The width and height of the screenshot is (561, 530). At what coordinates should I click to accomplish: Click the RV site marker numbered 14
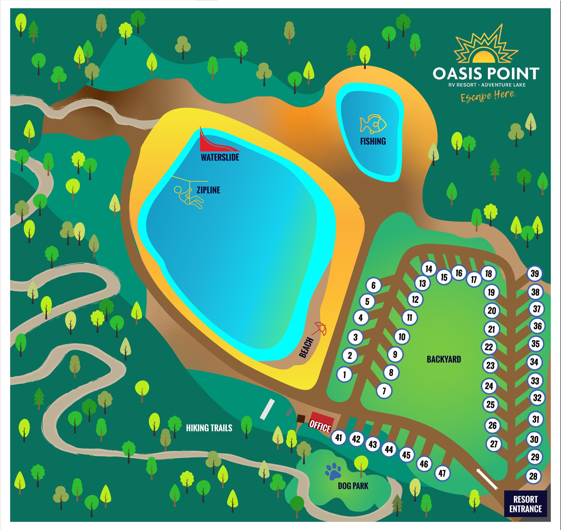click(x=429, y=269)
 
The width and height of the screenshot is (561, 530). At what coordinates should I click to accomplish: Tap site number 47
click(x=442, y=473)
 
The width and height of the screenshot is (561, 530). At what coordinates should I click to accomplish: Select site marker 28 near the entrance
click(x=533, y=476)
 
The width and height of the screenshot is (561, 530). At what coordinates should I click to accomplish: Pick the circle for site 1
click(x=344, y=374)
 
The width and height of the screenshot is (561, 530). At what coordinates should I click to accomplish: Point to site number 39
click(x=535, y=273)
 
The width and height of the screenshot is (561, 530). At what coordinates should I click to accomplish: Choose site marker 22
click(x=489, y=347)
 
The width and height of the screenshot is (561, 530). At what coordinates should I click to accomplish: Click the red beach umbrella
click(x=321, y=328)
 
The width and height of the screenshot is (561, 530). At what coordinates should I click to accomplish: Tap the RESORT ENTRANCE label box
click(x=525, y=504)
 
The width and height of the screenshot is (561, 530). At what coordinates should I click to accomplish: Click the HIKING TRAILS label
click(x=209, y=428)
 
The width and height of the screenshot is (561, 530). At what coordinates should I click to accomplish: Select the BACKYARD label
click(x=444, y=359)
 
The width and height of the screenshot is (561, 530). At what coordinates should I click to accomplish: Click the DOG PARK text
click(x=353, y=486)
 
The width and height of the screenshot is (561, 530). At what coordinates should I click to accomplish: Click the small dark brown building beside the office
click(x=301, y=419)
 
